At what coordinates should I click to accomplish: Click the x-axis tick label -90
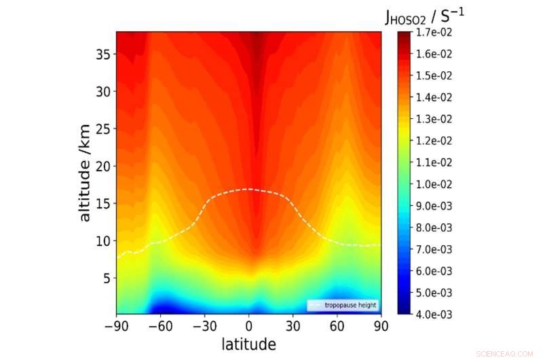[116, 326]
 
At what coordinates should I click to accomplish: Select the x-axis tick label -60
[160, 326]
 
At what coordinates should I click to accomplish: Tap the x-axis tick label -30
[204, 326]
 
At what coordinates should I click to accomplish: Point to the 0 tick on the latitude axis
[248, 326]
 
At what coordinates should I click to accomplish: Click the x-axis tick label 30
[293, 326]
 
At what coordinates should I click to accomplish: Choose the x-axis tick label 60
[337, 326]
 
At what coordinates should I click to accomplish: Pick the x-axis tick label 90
[381, 326]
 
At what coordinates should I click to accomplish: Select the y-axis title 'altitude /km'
[85, 173]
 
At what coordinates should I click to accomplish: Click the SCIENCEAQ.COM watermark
[506, 354]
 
